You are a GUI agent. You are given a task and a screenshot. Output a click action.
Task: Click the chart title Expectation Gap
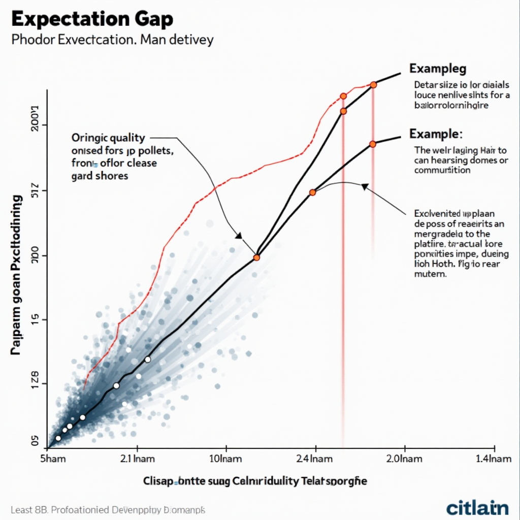91,19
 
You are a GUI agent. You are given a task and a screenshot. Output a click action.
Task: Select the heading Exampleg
437,69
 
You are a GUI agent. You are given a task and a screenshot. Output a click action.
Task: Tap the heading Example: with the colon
436,134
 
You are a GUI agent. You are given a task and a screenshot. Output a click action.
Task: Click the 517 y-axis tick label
34,190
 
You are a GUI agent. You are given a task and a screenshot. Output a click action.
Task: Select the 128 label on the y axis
34,384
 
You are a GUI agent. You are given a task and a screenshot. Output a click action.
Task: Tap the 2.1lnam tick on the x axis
138,459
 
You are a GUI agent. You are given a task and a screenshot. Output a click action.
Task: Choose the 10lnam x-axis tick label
226,459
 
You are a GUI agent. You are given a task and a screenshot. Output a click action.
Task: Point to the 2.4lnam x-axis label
315,459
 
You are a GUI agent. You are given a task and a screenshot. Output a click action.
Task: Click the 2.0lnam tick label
405,459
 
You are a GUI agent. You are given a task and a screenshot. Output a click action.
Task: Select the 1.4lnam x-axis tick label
493,459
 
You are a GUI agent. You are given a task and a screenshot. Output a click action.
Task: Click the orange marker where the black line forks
256,258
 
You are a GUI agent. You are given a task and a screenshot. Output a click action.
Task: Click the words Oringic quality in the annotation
108,138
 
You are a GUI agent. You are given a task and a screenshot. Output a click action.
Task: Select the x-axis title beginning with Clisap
255,481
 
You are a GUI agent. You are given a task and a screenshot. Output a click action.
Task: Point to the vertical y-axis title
17,274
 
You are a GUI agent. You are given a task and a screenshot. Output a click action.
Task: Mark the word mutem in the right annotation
431,274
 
